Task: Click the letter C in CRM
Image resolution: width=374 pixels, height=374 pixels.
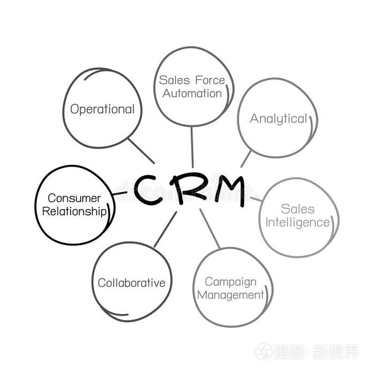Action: pyautogui.click(x=145, y=190)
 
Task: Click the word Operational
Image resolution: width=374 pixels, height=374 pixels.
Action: pyautogui.click(x=103, y=110)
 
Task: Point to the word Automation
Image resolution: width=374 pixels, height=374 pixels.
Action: pyautogui.click(x=192, y=93)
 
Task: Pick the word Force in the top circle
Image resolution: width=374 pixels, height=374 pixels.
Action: pyautogui.click(x=210, y=80)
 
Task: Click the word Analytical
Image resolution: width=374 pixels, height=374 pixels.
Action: pyautogui.click(x=278, y=119)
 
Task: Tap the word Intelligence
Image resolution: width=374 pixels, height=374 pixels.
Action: pyautogui.click(x=298, y=223)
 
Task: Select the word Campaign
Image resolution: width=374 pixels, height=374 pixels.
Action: pyautogui.click(x=230, y=283)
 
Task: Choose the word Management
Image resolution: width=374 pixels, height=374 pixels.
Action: pyautogui.click(x=230, y=295)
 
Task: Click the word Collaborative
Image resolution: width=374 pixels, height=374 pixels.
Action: pyautogui.click(x=131, y=283)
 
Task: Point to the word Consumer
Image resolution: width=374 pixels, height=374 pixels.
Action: pyautogui.click(x=74, y=198)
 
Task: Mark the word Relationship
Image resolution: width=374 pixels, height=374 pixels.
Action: pyautogui.click(x=74, y=212)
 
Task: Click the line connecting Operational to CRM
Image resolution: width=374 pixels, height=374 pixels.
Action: pyautogui.click(x=141, y=151)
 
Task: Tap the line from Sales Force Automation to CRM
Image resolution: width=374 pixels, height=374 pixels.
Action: pyautogui.click(x=192, y=147)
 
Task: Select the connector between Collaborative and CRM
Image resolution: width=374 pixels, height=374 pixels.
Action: pyautogui.click(x=165, y=229)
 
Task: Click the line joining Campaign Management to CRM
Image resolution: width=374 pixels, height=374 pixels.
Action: pyautogui.click(x=210, y=229)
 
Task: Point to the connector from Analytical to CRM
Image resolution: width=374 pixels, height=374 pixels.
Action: pyautogui.click(x=246, y=159)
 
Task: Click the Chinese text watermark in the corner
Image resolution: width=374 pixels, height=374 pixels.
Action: pyautogui.click(x=307, y=352)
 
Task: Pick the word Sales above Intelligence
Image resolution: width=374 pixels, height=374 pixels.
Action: pyautogui.click(x=298, y=209)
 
